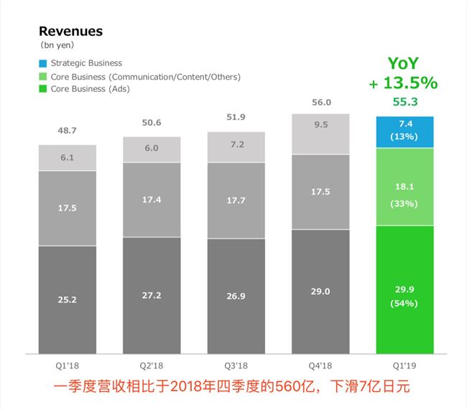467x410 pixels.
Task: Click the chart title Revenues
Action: click(x=70, y=31)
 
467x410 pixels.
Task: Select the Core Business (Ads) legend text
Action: click(x=91, y=89)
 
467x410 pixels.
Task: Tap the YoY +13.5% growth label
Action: click(x=404, y=74)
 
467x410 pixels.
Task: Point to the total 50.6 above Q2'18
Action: click(x=152, y=123)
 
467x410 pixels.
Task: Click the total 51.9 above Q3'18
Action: click(x=236, y=117)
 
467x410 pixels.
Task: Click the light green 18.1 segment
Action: click(x=404, y=187)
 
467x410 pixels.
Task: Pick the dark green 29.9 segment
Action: click(x=404, y=289)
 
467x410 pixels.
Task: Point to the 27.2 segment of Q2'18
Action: click(x=152, y=295)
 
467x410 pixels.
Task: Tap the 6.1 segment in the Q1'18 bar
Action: click(x=67, y=158)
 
